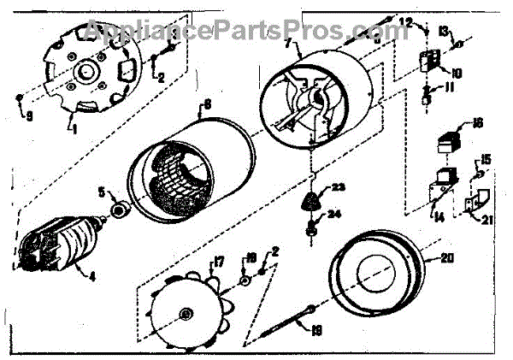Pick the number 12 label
point(407,21)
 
